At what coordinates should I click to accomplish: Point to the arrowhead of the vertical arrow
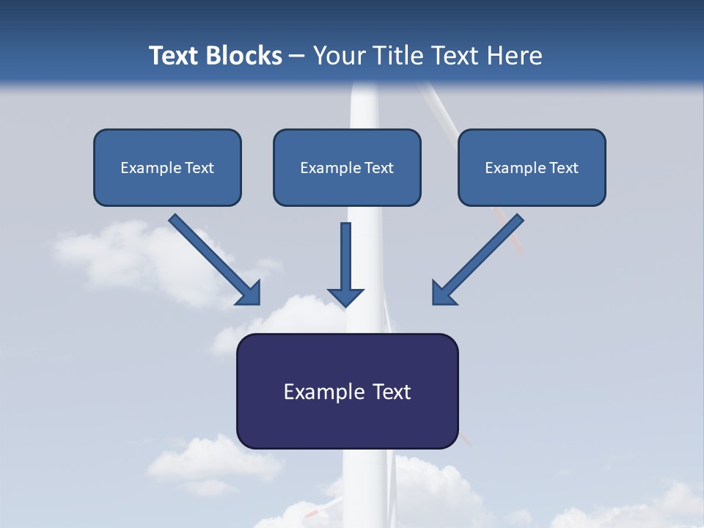pyautogui.click(x=345, y=296)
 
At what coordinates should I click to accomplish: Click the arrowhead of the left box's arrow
pyautogui.click(x=249, y=293)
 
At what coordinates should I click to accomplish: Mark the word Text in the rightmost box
pyautogui.click(x=564, y=168)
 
